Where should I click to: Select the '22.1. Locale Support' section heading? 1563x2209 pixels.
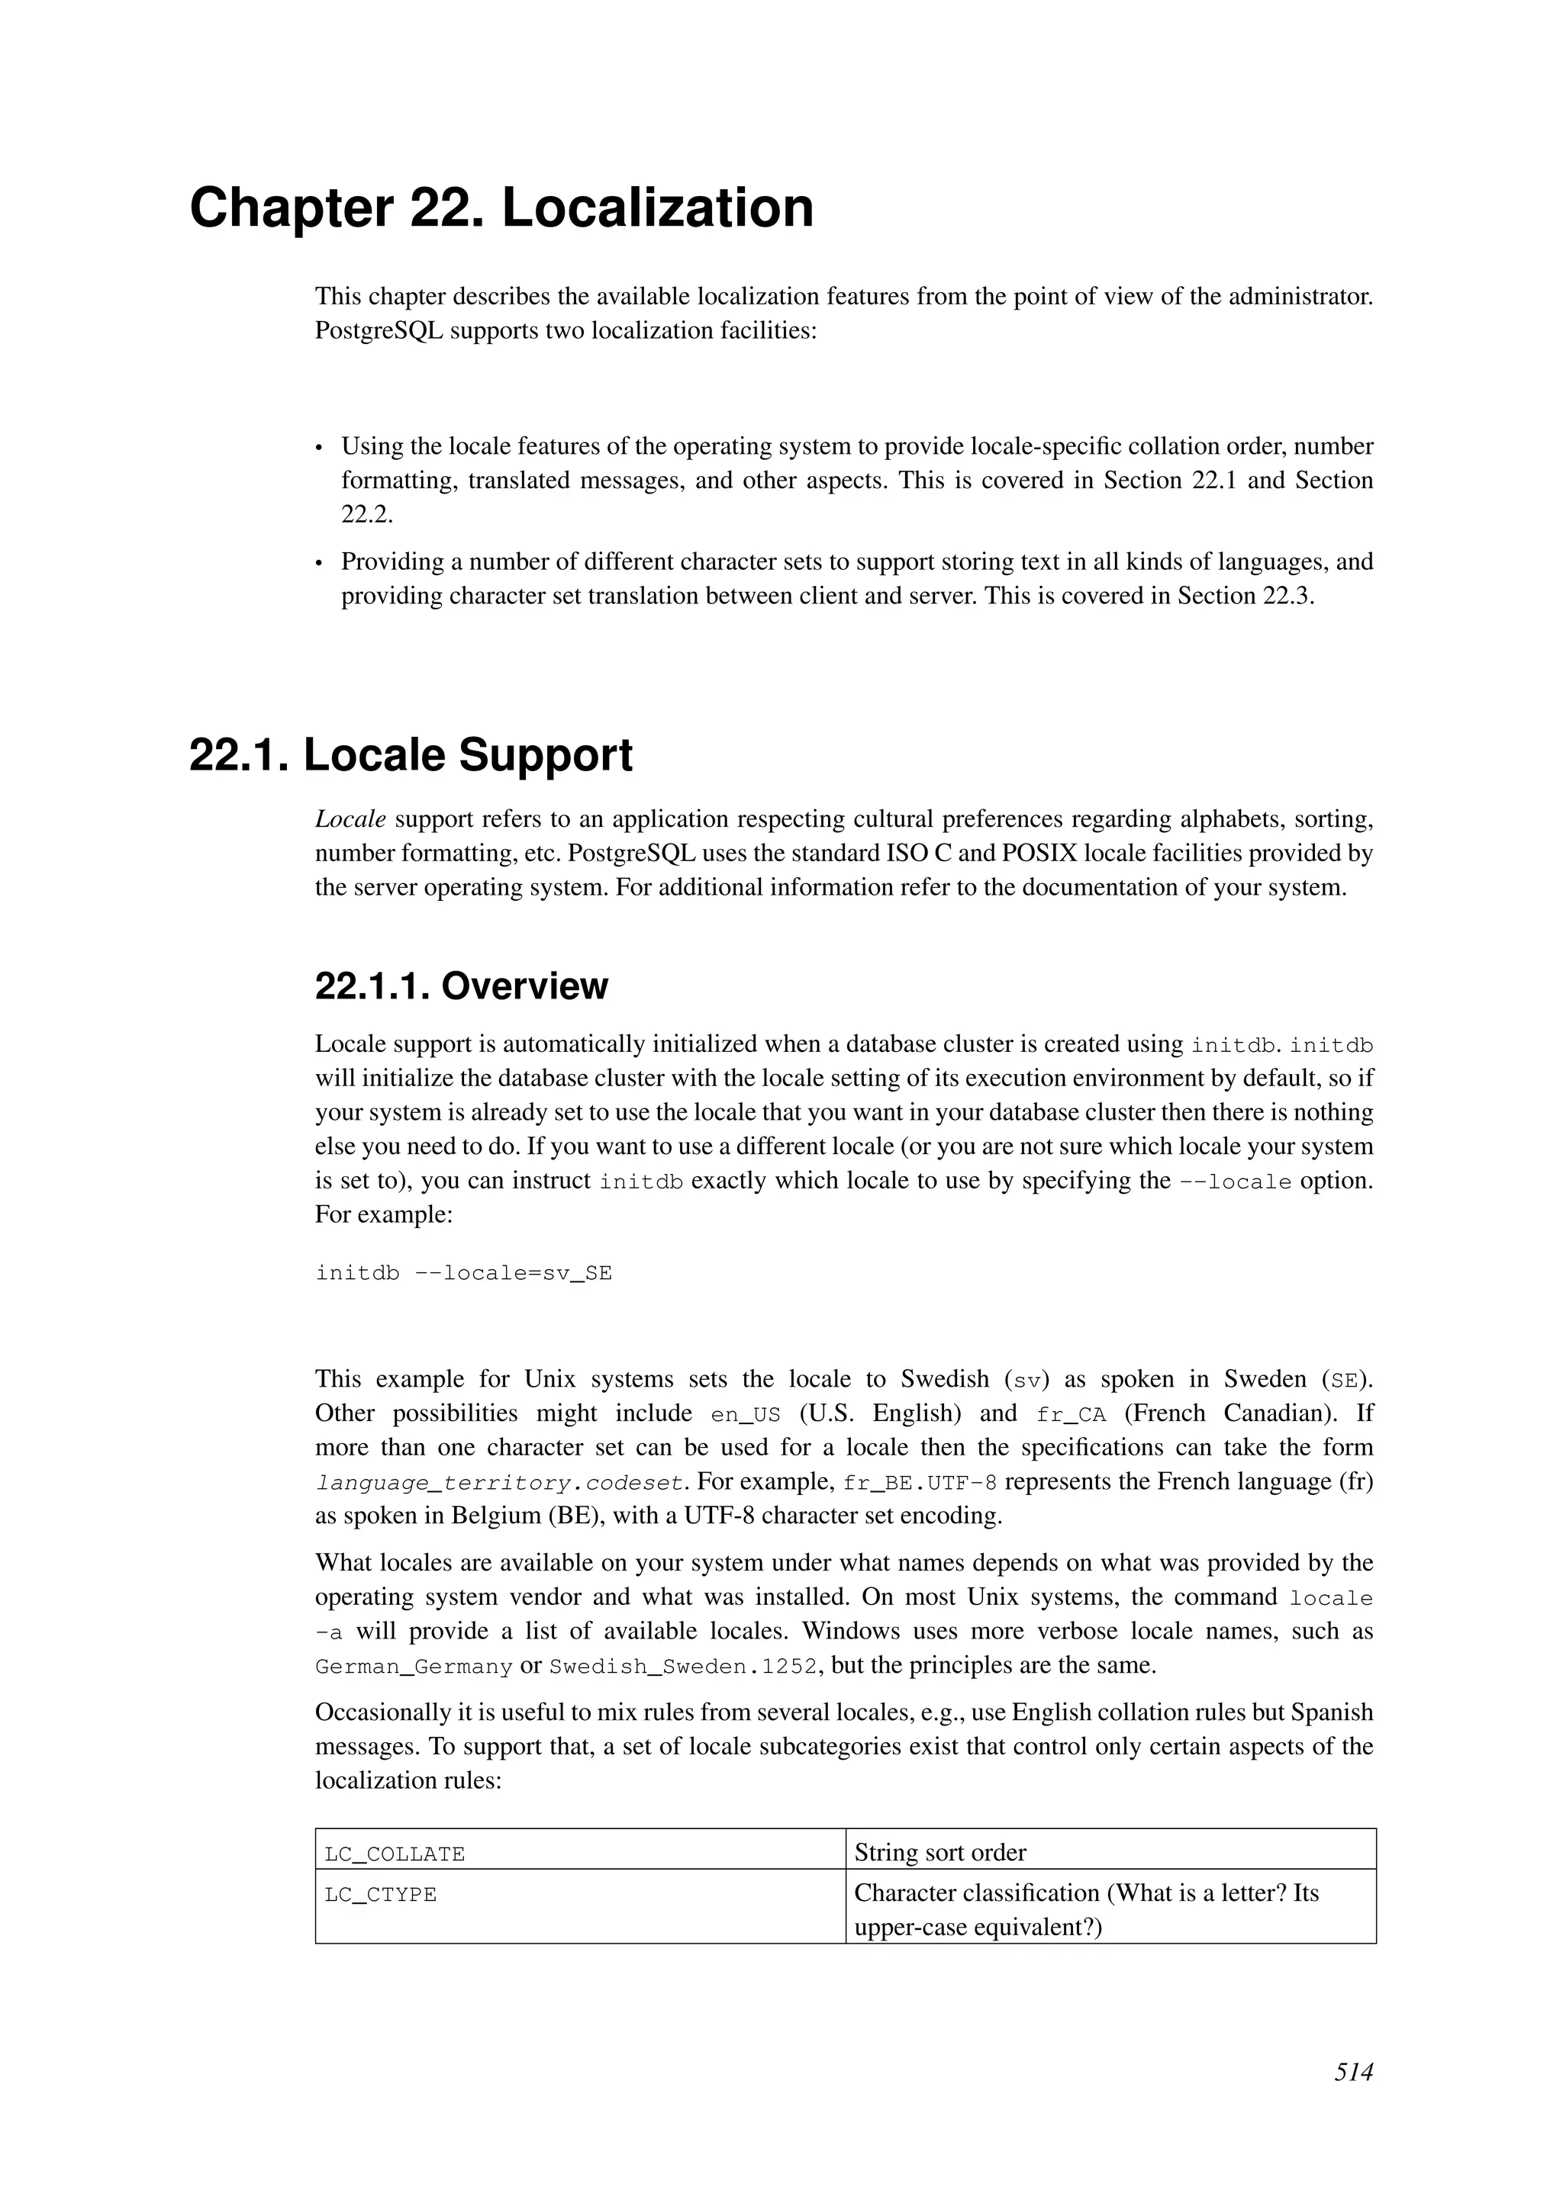(x=411, y=755)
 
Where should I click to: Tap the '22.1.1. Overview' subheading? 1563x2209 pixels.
(x=461, y=986)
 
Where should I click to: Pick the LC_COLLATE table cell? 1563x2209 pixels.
(x=579, y=1853)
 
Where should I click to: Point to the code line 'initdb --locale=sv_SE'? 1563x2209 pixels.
(x=463, y=1274)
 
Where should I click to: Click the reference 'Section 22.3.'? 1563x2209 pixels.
(x=1246, y=596)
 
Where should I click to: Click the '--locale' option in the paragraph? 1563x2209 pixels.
(x=1235, y=1182)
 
